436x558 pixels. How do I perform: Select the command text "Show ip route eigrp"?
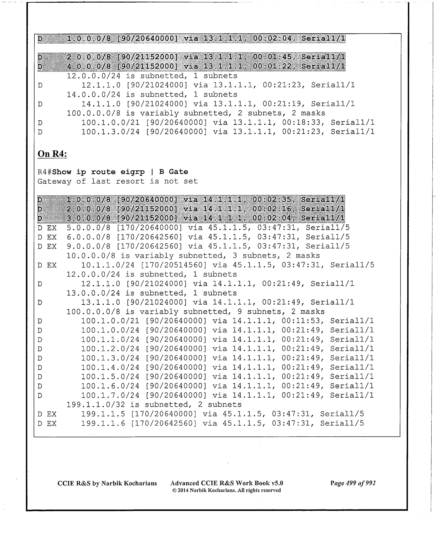(101, 172)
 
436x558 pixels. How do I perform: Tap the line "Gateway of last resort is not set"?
(118, 181)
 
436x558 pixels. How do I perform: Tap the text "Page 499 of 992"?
(353, 483)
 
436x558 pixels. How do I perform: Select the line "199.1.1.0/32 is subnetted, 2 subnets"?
(154, 405)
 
